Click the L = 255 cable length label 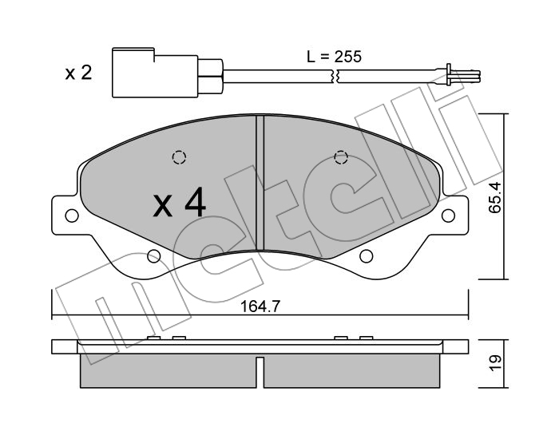coord(334,57)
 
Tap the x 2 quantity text coord(78,73)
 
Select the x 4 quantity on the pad coord(180,202)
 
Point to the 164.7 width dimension coord(260,306)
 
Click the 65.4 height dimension coord(495,197)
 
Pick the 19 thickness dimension coord(495,363)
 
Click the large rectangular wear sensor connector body coord(155,73)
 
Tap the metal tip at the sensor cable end coord(462,76)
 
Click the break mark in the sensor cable coord(335,76)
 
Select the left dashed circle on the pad coord(180,157)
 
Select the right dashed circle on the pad coord(341,157)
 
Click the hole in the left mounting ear coord(73,216)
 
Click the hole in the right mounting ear coord(448,216)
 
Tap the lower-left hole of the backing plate coord(153,255)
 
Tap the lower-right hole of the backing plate coord(366,255)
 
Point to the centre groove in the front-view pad coord(260,183)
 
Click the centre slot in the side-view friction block coord(260,372)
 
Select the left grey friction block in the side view coord(168,371)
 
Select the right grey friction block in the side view coord(351,371)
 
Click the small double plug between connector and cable coord(211,76)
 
